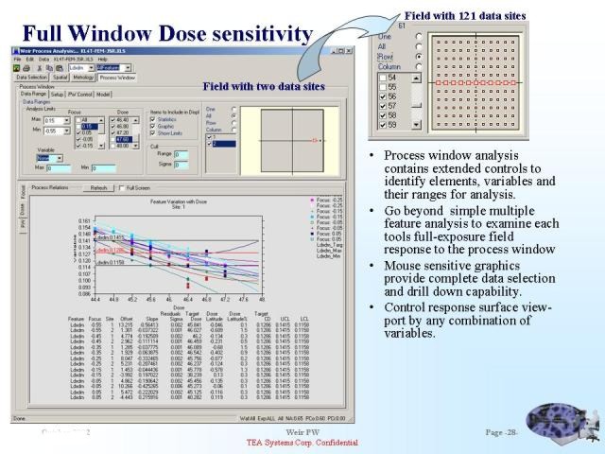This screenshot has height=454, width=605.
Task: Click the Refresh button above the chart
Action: coord(98,188)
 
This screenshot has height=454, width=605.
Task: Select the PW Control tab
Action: coord(80,95)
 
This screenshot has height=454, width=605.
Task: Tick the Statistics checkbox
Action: coord(152,120)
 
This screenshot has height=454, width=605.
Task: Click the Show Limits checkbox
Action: coord(152,133)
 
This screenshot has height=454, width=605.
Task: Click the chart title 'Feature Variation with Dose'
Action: coord(179,203)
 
